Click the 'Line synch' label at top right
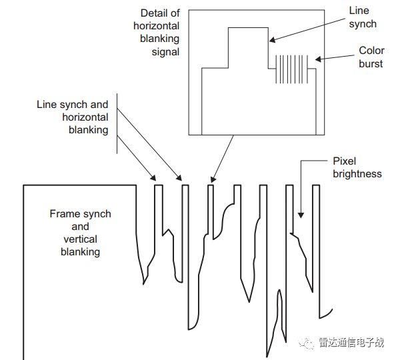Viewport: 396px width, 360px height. (x=363, y=17)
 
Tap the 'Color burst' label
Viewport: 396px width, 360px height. (x=371, y=57)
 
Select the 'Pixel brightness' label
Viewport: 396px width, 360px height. (x=357, y=167)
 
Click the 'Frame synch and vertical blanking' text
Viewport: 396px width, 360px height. (x=80, y=233)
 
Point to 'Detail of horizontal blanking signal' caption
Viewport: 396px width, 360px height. (x=157, y=33)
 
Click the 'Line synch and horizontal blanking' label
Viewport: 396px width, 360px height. (x=73, y=117)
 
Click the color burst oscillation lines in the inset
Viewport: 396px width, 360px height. (x=292, y=69)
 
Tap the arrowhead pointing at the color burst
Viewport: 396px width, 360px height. (x=318, y=59)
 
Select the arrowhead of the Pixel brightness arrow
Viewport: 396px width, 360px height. (x=301, y=215)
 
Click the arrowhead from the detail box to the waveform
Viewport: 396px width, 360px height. (x=213, y=179)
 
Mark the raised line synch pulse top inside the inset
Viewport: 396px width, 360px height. (x=248, y=28)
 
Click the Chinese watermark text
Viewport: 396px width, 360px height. (x=351, y=343)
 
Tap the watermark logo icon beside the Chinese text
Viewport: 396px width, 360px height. (x=307, y=343)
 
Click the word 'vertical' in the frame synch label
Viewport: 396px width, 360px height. (x=80, y=239)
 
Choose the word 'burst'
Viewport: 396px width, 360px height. (x=371, y=63)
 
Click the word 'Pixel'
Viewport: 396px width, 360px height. (x=344, y=161)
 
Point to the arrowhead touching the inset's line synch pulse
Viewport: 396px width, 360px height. (x=272, y=39)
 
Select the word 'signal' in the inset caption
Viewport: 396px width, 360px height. (x=165, y=52)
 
